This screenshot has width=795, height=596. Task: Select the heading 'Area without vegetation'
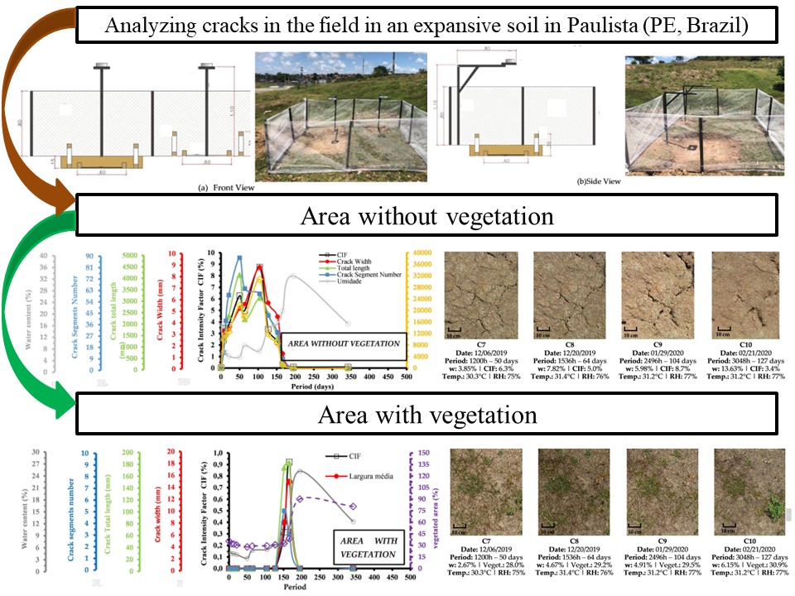[426, 217]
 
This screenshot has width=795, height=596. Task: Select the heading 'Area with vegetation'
[426, 413]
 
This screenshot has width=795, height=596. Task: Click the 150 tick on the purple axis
[423, 453]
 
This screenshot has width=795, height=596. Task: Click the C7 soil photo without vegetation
[482, 289]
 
